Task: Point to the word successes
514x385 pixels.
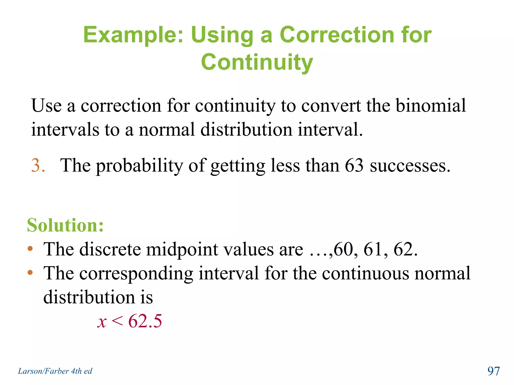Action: pyautogui.click(x=410, y=166)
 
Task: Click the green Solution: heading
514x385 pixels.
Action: pyautogui.click(x=65, y=225)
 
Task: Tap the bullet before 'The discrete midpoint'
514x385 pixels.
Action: pyautogui.click(x=30, y=249)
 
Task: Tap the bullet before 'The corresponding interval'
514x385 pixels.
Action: pyautogui.click(x=30, y=273)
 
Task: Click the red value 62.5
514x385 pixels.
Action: pyautogui.click(x=145, y=321)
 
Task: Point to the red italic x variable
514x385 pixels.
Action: pyautogui.click(x=102, y=322)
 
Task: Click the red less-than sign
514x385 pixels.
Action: pyautogui.click(x=117, y=321)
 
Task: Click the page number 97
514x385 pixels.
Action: pyautogui.click(x=493, y=371)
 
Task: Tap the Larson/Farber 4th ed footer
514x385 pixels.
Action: pyautogui.click(x=55, y=371)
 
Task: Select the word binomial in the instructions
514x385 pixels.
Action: pyautogui.click(x=431, y=105)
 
